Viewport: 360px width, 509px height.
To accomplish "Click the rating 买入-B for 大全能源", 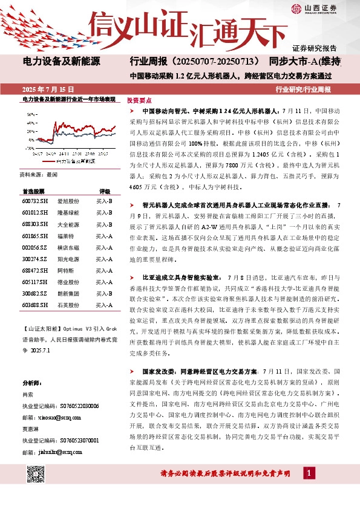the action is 105,224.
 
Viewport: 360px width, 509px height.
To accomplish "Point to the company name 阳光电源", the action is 65,259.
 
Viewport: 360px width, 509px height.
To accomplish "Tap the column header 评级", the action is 105,190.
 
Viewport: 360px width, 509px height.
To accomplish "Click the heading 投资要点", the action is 139,101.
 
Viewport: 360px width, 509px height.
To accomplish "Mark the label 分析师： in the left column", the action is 31,383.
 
